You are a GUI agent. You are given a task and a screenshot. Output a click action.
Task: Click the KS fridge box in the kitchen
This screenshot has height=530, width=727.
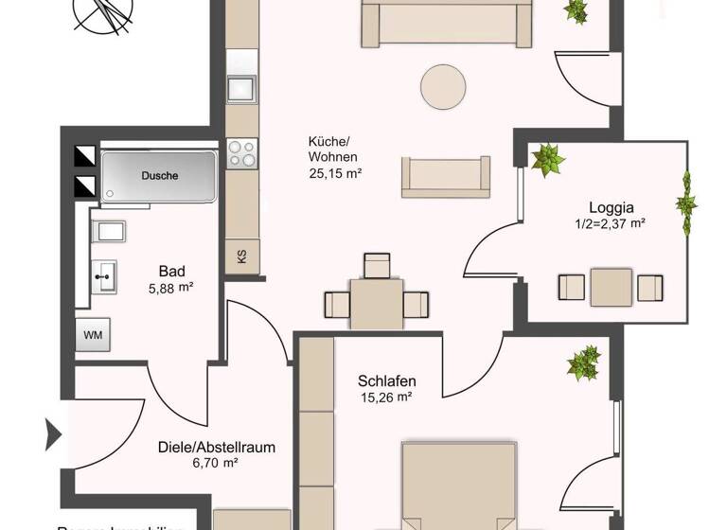tap(241, 256)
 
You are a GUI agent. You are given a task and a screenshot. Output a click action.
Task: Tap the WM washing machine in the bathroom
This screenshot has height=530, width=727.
tap(93, 335)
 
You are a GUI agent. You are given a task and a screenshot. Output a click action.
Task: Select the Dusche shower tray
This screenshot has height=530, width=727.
tap(159, 175)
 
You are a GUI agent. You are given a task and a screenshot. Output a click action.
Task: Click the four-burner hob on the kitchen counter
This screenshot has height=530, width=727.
tap(241, 152)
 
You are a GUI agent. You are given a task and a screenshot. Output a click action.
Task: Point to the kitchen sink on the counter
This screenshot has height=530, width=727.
tap(240, 88)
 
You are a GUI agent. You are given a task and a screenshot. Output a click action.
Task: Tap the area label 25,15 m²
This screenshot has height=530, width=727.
tap(336, 173)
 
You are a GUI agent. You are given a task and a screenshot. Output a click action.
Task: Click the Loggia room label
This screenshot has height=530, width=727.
tap(610, 207)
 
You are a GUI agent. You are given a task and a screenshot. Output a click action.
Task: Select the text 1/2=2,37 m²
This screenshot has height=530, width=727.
tap(610, 224)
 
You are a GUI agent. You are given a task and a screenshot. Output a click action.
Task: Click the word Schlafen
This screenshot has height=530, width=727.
tap(387, 381)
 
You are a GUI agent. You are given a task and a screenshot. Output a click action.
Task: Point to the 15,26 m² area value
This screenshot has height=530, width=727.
tap(387, 397)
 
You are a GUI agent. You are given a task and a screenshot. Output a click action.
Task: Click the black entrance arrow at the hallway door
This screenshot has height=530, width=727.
tap(53, 435)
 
